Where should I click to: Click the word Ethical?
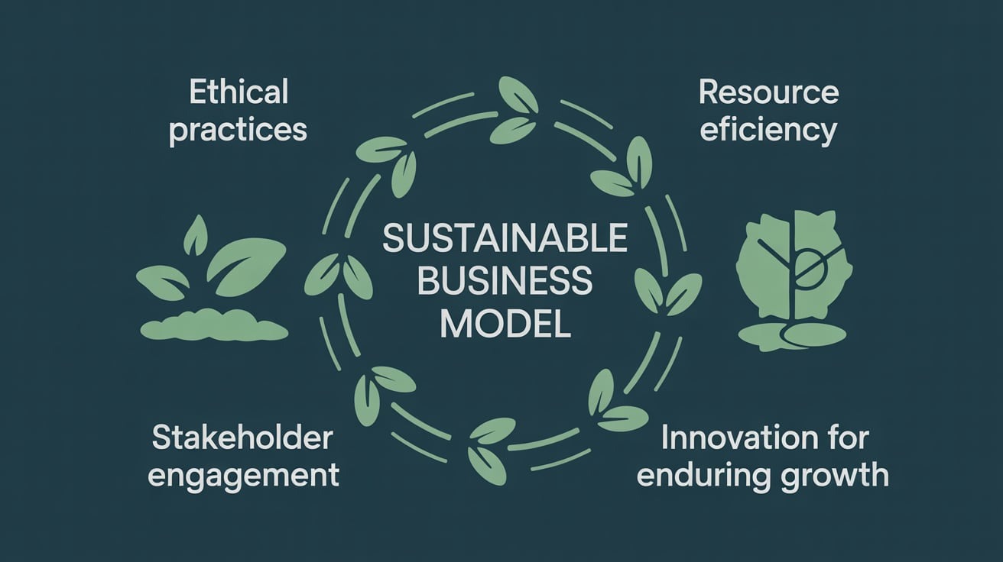[238, 93]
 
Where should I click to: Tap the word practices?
[238, 130]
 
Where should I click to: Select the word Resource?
[769, 93]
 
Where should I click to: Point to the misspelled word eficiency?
[768, 131]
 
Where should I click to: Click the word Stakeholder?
[242, 438]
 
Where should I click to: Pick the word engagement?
[244, 475]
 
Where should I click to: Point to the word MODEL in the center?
[505, 324]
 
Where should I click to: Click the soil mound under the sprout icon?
[215, 327]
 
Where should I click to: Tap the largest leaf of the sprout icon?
[246, 264]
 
